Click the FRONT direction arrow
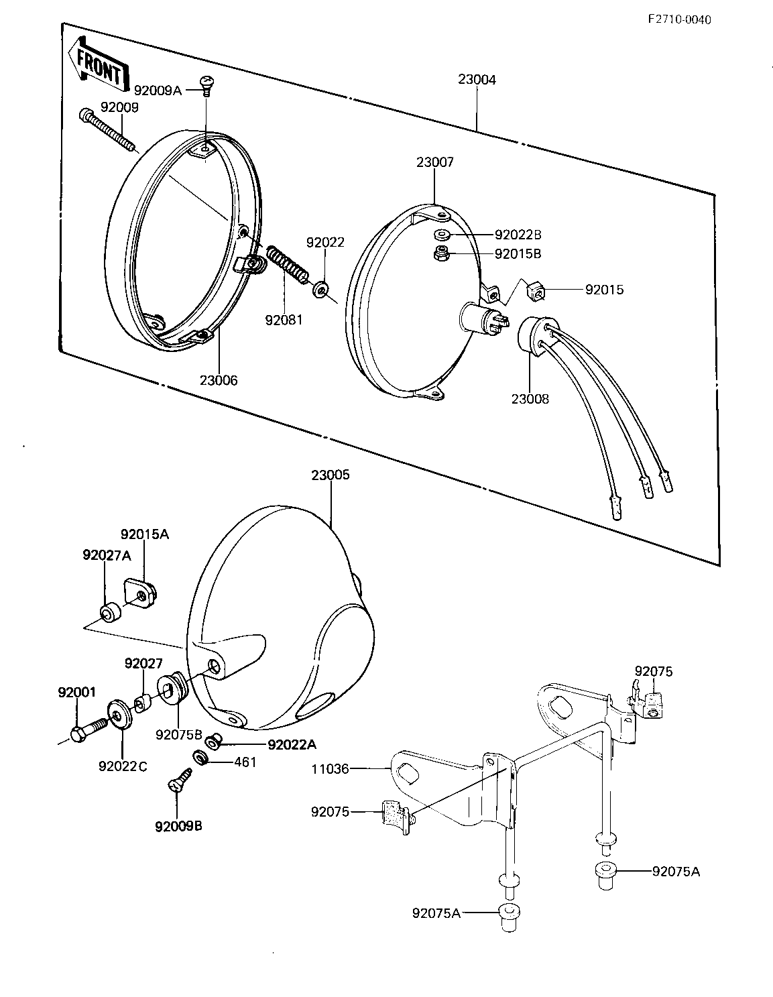coord(98,64)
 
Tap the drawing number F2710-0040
coord(680,19)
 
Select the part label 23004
coord(477,80)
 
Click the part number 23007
coord(435,162)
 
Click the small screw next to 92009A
coord(207,86)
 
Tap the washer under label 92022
coord(320,290)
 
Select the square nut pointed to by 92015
coord(536,290)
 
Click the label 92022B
coord(518,235)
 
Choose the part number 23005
coord(331,475)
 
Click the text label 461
coord(245,762)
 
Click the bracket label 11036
coord(331,768)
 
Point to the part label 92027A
coord(107,555)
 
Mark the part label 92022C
coord(123,766)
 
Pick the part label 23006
coord(219,380)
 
